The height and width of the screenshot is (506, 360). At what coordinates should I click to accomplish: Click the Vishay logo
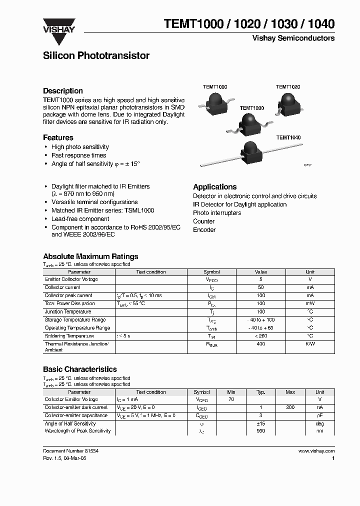point(58,26)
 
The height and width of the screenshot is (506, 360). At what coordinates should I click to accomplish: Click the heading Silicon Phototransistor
point(96,56)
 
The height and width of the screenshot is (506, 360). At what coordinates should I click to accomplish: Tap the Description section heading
point(63,91)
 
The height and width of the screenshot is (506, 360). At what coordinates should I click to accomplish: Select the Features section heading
point(58,137)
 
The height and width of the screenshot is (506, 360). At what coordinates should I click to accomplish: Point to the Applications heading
point(214,187)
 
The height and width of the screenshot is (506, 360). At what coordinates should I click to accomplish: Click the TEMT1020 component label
point(288,87)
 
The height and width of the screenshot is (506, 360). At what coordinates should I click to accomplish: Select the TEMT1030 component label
point(251,108)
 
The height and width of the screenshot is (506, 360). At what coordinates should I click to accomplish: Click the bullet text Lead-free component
point(80,219)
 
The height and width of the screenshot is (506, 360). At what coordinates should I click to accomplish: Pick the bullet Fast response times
point(78,155)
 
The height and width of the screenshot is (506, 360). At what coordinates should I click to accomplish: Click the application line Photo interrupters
point(217,213)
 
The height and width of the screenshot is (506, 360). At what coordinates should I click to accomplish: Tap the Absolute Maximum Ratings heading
point(90,256)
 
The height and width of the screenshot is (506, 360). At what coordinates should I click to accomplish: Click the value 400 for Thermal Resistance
point(260,344)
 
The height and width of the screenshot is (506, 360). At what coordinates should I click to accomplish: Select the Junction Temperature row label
point(68,311)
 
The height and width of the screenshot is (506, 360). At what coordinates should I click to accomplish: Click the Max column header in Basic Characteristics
point(290,392)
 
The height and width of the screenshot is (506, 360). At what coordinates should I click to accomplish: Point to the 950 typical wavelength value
point(260,430)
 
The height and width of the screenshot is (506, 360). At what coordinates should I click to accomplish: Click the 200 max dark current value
point(290,407)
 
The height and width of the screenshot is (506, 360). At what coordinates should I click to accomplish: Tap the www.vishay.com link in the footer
point(316,450)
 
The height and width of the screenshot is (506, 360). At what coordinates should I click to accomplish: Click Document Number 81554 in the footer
point(70,450)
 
